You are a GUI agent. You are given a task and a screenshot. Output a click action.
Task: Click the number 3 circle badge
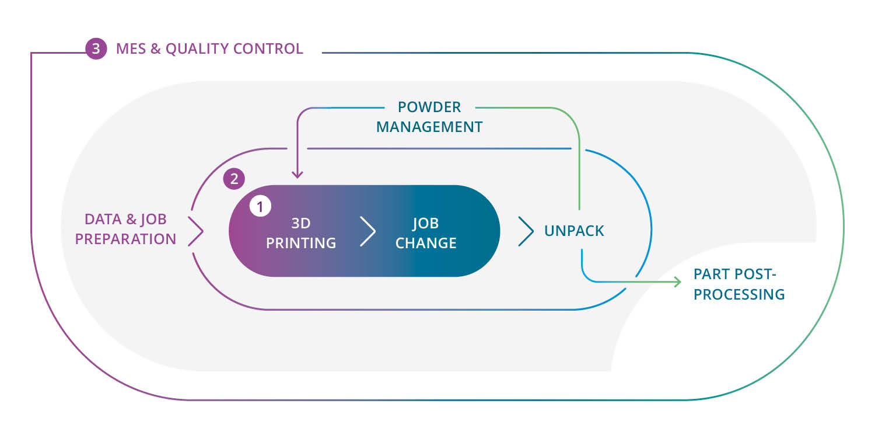[x=96, y=48]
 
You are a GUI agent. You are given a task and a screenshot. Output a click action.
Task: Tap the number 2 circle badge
[x=234, y=179]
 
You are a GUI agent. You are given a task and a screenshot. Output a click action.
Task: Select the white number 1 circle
[x=260, y=206]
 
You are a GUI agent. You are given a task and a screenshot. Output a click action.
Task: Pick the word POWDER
[x=429, y=107]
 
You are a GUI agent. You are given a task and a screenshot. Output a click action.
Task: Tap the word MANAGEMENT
[x=429, y=126]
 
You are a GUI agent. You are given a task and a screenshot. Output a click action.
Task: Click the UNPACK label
[x=574, y=231]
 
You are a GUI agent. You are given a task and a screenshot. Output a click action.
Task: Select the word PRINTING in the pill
[x=301, y=243]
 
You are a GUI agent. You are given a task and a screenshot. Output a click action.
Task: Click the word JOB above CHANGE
[x=426, y=223]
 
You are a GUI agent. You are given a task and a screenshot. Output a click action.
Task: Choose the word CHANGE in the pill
[x=426, y=243]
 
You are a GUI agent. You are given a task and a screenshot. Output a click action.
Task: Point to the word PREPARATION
[x=125, y=238]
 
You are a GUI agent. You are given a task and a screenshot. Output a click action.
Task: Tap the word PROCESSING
[x=739, y=294]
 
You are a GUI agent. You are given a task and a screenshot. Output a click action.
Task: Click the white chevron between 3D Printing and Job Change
[x=367, y=231]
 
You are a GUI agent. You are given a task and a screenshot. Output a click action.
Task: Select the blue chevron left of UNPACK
[x=526, y=231]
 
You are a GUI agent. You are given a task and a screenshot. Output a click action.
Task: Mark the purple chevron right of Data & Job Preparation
[x=195, y=231]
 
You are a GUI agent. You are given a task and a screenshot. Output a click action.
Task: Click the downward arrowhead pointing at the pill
[x=297, y=173]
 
